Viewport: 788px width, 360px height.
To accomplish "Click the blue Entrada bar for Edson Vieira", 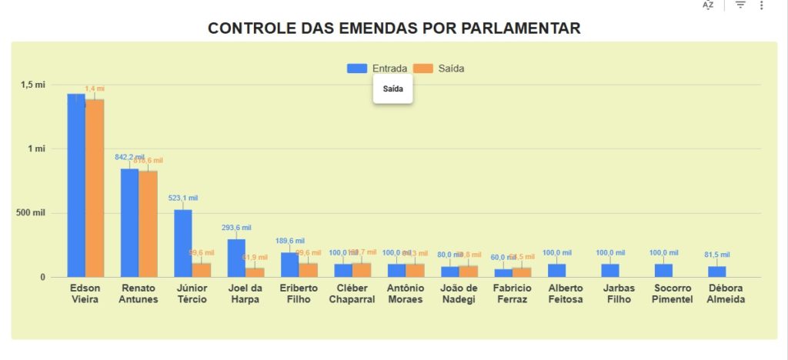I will coord(75,185).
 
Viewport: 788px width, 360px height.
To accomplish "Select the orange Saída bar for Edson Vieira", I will coord(95,188).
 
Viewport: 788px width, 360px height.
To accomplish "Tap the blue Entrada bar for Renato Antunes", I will coord(129,222).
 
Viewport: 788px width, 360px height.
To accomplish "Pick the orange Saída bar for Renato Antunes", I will coord(148,224).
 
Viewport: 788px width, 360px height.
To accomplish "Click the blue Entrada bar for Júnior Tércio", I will coord(182,242).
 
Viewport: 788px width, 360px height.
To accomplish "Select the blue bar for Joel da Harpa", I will coord(236,258).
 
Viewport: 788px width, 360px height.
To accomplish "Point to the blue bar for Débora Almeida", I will coord(716,272).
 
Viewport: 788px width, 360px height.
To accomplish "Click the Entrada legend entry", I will coord(377,68).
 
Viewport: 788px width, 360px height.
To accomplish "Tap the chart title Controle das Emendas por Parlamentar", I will coord(394,28).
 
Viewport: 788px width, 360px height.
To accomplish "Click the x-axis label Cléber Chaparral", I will coord(352,294).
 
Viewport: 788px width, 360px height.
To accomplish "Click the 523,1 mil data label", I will coord(183,198).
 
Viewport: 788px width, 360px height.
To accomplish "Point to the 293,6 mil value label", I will coord(236,228).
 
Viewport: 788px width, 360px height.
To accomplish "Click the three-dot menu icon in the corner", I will coord(761,5).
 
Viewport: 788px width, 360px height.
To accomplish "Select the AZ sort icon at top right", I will coord(708,5).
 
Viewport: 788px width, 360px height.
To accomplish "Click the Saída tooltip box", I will coord(392,89).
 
